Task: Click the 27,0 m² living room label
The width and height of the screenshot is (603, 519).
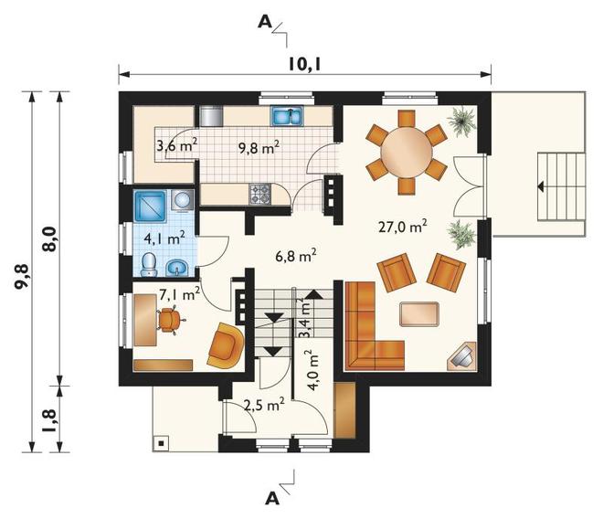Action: pos(403,227)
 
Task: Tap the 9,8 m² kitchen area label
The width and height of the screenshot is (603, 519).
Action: pos(259,147)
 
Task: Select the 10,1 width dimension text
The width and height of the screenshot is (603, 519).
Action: pos(304,64)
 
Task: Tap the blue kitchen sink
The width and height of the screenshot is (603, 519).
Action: pos(287,116)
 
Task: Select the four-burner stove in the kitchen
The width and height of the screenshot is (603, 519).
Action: pos(260,194)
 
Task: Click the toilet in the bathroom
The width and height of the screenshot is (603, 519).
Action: pos(149,264)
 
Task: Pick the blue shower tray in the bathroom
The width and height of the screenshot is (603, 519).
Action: pos(150,206)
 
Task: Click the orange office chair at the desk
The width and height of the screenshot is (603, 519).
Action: pos(169,320)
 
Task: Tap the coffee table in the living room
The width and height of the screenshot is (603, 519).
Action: pos(418,314)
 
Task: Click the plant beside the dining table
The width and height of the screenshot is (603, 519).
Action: pos(462,122)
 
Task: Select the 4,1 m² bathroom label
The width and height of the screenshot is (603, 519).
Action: pos(164,238)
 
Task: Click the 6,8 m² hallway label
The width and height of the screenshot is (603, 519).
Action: pos(296,255)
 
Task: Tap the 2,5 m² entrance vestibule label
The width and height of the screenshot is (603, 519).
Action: pos(264,405)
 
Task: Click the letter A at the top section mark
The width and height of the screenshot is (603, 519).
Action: pos(265,22)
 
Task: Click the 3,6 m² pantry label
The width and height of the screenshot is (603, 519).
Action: pos(177,146)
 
